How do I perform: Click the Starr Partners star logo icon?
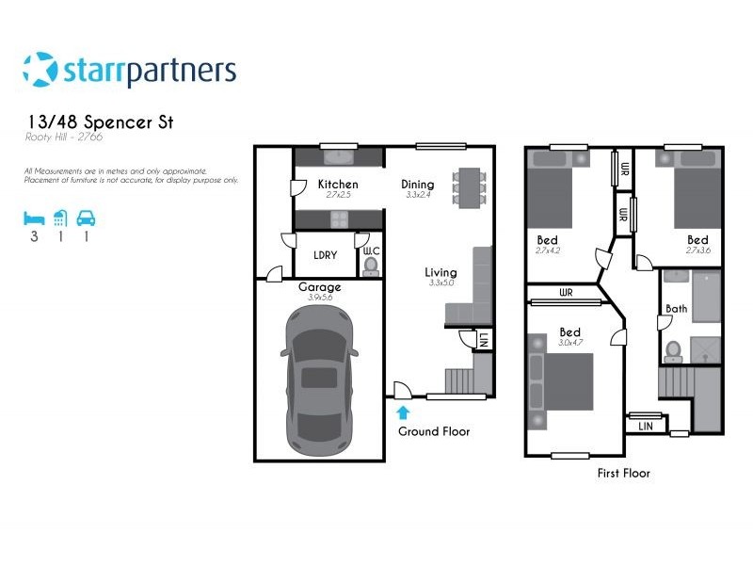[x=40, y=70]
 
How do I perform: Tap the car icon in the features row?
[x=86, y=218]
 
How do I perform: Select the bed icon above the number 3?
[x=34, y=218]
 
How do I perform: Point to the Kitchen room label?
[x=337, y=184]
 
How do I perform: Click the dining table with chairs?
[x=468, y=187]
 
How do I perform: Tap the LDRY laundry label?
[x=326, y=255]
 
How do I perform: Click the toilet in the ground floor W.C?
[x=371, y=265]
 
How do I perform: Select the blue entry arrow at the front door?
[x=403, y=412]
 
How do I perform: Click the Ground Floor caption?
[x=434, y=431]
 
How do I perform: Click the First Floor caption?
[x=623, y=473]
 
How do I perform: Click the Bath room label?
[x=676, y=308]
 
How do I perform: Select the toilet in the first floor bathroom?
[x=673, y=350]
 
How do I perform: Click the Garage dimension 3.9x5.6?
[x=319, y=298]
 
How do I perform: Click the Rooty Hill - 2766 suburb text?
[x=64, y=137]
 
